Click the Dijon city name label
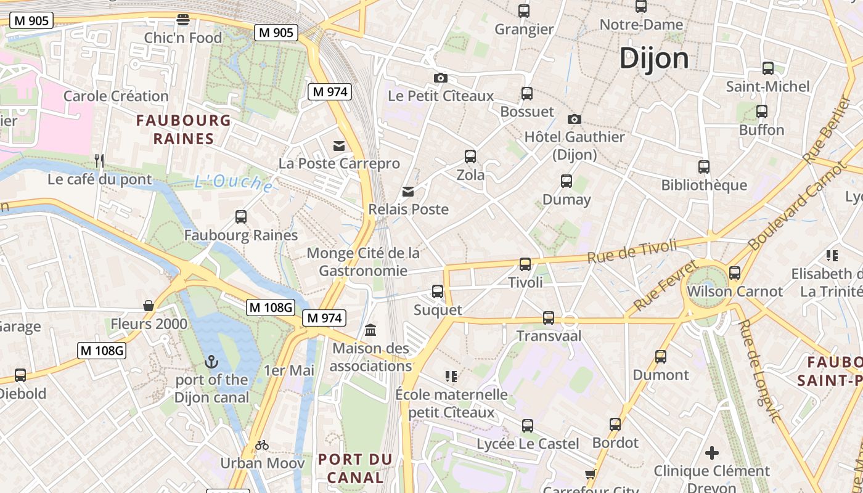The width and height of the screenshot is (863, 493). pyautogui.click(x=654, y=59)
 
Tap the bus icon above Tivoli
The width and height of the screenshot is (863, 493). pyautogui.click(x=525, y=264)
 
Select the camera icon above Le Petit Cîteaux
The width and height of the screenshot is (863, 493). pyautogui.click(x=440, y=78)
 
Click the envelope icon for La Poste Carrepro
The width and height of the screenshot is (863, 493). pyautogui.click(x=339, y=146)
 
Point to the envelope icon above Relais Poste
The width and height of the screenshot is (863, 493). pyautogui.click(x=408, y=192)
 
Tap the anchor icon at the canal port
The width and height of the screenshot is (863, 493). pyautogui.click(x=211, y=362)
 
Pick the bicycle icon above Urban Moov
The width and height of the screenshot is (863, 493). pyautogui.click(x=262, y=445)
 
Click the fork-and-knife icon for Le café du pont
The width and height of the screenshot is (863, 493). pyautogui.click(x=99, y=161)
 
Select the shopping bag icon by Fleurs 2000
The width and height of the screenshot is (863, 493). pyautogui.click(x=149, y=306)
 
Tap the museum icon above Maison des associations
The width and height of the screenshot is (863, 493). pyautogui.click(x=370, y=330)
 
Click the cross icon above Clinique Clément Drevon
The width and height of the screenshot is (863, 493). pyautogui.click(x=712, y=454)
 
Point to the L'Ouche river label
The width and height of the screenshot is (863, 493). pyautogui.click(x=234, y=182)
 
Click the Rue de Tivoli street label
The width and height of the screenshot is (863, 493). pyautogui.click(x=632, y=251)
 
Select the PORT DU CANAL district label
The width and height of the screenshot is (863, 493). pyautogui.click(x=355, y=468)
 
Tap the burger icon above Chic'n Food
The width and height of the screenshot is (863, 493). pyautogui.click(x=182, y=20)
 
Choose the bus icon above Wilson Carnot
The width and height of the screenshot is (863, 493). pyautogui.click(x=734, y=273)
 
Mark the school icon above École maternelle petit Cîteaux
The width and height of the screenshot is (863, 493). pyautogui.click(x=451, y=376)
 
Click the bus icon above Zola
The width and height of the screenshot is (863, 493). pyautogui.click(x=470, y=157)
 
